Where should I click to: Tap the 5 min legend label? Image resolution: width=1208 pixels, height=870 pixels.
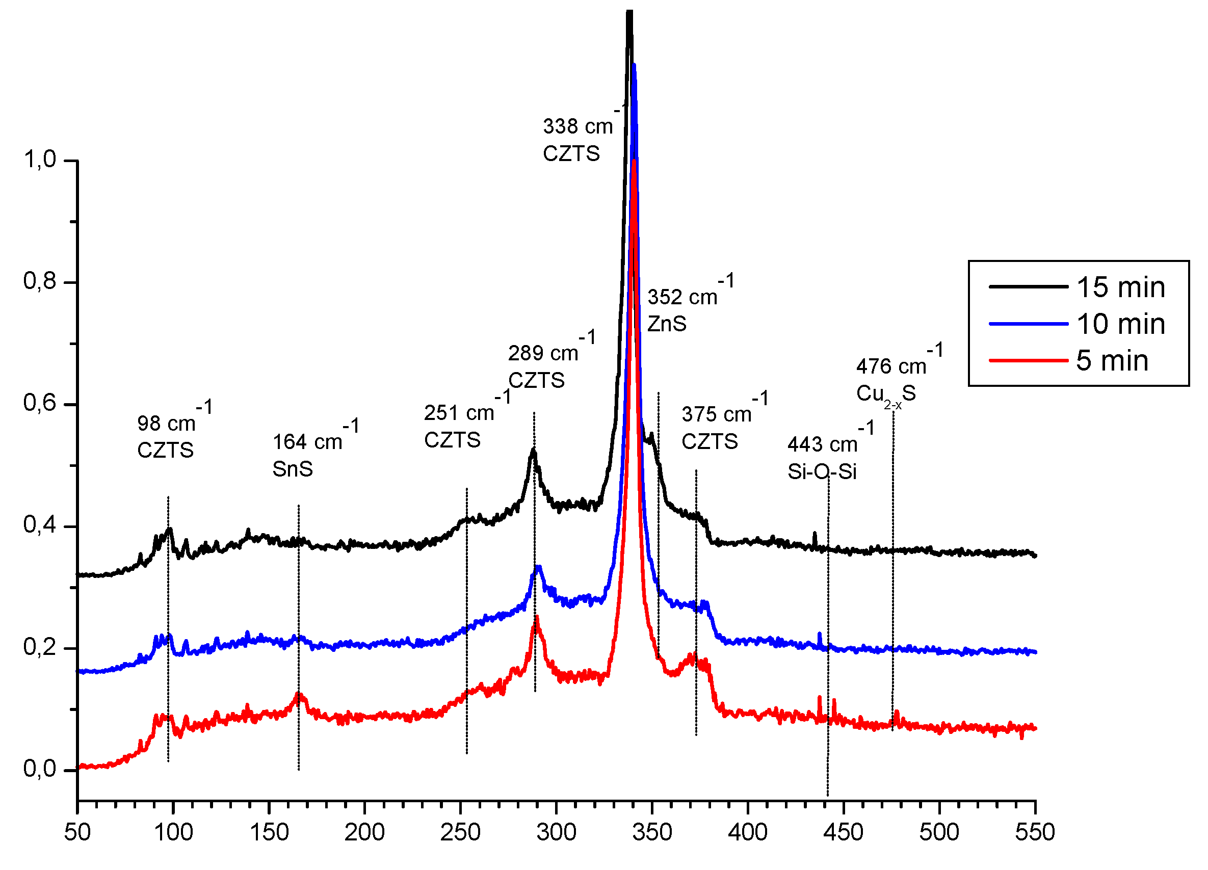click(x=1112, y=360)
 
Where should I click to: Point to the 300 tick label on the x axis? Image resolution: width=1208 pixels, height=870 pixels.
click(x=556, y=832)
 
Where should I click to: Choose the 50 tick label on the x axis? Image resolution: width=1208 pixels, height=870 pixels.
click(x=77, y=832)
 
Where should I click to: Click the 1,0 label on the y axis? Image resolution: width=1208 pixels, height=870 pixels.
click(x=39, y=159)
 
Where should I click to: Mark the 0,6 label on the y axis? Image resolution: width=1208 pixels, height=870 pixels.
click(x=39, y=403)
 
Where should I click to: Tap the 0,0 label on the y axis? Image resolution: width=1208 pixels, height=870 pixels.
click(x=39, y=769)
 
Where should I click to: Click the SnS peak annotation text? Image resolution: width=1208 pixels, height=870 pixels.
click(x=293, y=469)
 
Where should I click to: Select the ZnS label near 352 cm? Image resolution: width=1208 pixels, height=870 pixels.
click(x=666, y=324)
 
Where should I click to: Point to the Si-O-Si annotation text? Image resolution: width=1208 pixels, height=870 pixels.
click(x=822, y=472)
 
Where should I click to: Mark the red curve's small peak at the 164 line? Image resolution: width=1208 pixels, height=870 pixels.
click(x=299, y=694)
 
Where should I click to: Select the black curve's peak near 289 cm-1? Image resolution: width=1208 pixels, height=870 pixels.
click(x=533, y=451)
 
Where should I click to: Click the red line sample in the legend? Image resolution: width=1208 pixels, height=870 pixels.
click(x=1028, y=360)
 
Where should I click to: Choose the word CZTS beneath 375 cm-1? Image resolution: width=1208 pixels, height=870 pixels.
click(x=710, y=441)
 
